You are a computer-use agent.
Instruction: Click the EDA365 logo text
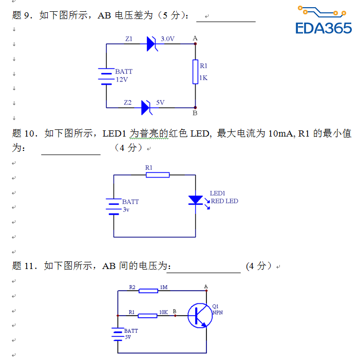pos(324,27)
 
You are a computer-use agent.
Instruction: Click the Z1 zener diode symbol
pos(151,44)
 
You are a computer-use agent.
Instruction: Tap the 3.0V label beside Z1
pos(167,39)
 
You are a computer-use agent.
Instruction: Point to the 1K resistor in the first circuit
pos(195,71)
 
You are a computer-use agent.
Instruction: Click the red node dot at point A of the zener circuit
pos(195,44)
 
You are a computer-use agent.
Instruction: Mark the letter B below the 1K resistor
pos(195,113)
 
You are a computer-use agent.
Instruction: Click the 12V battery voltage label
pos(121,80)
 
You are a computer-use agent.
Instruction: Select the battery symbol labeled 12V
pos(106,76)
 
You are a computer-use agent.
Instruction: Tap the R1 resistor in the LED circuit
pos(158,175)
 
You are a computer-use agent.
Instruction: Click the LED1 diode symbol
pos(196,200)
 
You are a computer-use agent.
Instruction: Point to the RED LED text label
pos(224,201)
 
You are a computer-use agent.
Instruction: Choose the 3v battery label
pos(126,209)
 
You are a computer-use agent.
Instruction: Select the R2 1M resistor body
pos(148,291)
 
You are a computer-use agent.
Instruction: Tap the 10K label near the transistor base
pos(163,312)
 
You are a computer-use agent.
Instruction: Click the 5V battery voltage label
pos(127,337)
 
